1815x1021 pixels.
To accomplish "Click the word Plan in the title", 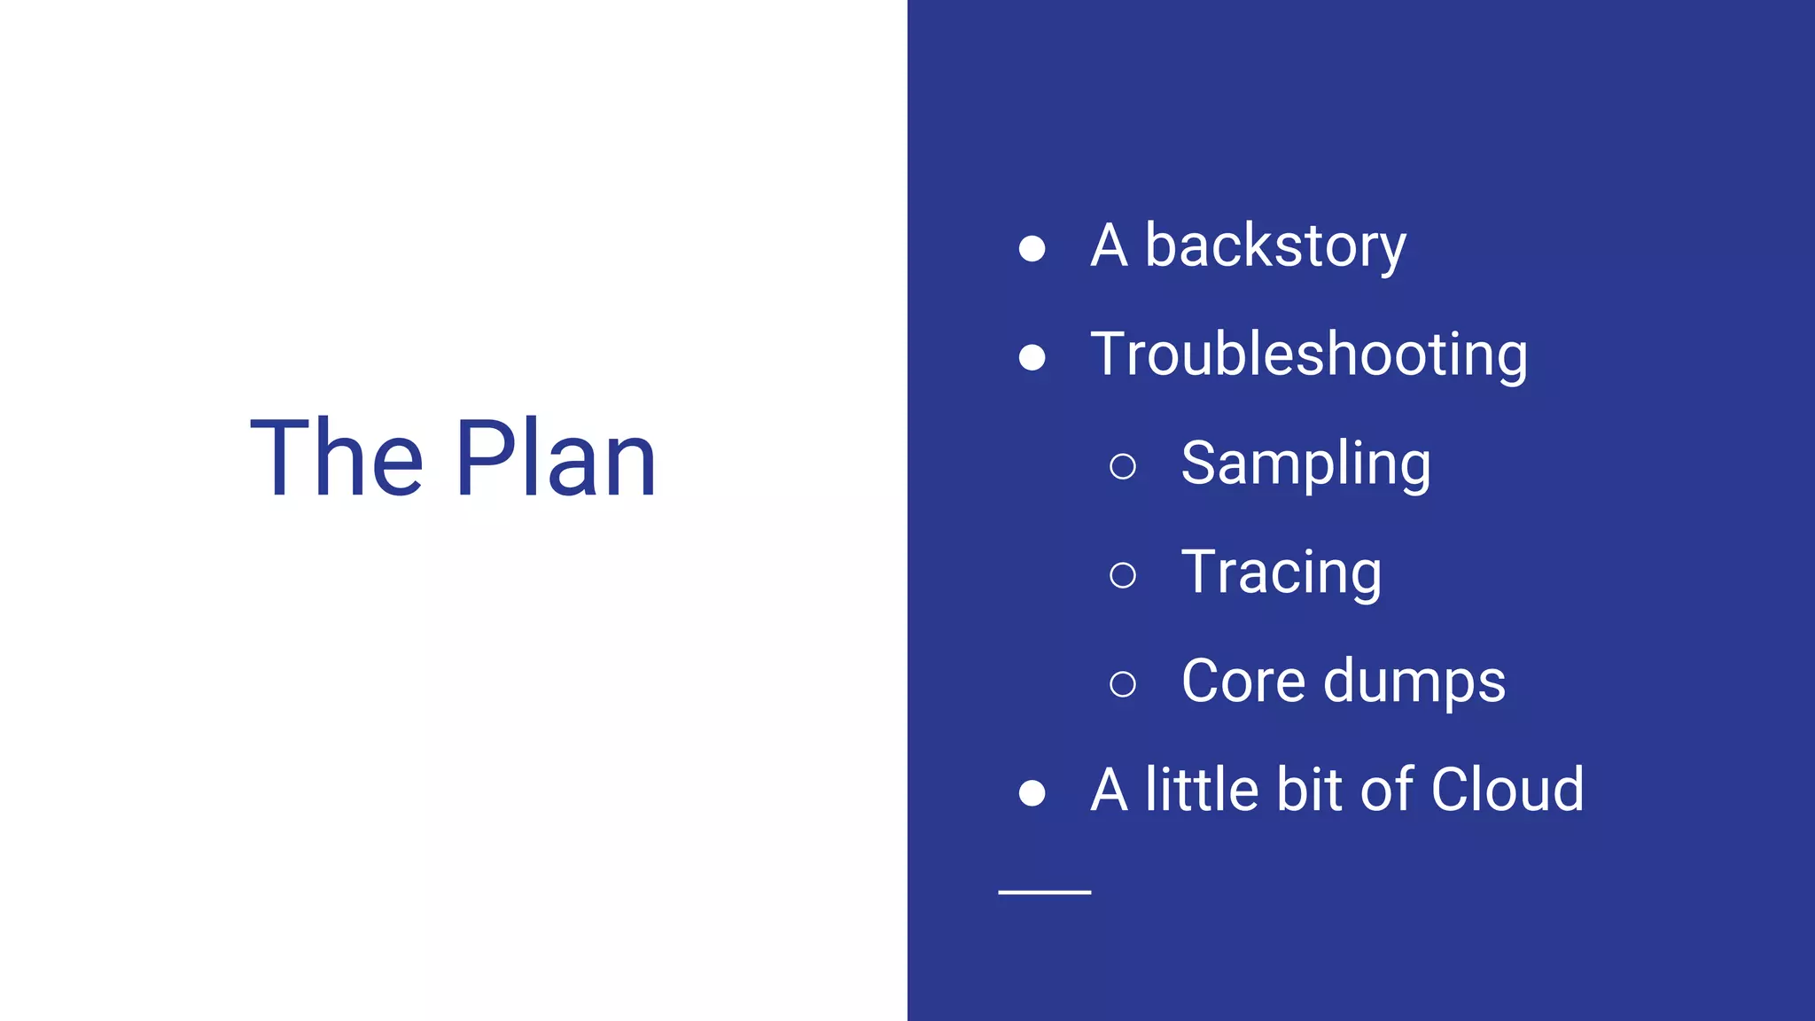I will [556, 459].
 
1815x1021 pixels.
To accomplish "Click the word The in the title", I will [337, 459].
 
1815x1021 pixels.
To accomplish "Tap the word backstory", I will [1275, 246].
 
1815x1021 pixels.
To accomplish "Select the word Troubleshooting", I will [1309, 355].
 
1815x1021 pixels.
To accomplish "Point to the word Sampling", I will [1305, 464].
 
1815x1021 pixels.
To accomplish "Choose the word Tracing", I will [1281, 573].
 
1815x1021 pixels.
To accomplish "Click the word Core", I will [1243, 682].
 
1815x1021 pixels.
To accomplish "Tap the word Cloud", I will [1507, 790].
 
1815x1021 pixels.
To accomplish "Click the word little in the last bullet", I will [1202, 790].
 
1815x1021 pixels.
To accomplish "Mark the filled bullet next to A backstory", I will [1032, 248].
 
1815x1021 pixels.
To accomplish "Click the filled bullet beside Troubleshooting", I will [1032, 357].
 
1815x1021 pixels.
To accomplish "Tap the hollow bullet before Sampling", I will [1123, 466].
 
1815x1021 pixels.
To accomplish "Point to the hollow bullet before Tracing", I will [1123, 575].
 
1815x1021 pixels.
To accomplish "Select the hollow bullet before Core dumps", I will [1123, 684].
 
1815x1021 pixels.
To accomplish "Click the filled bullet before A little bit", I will [1032, 792].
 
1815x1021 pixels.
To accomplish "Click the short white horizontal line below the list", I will [1044, 892].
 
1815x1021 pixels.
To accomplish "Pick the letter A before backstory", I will [1109, 246].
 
